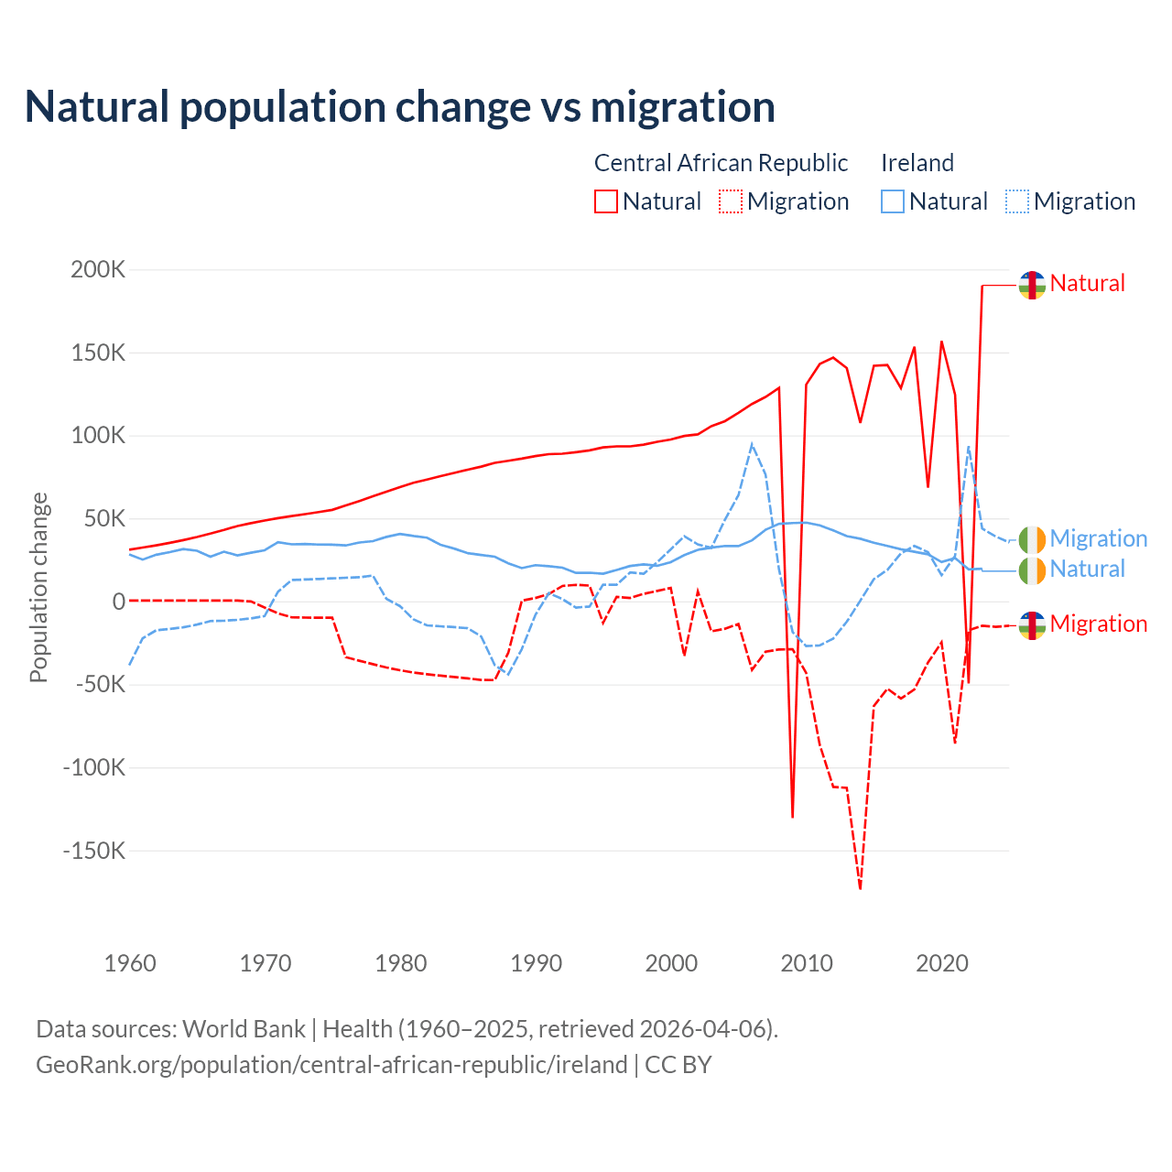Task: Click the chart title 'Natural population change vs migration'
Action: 400,107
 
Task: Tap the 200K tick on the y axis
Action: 98,270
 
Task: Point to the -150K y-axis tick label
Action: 93,851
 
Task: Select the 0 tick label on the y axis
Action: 118,602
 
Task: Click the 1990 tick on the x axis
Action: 537,963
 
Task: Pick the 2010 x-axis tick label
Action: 807,963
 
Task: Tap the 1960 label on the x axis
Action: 131,963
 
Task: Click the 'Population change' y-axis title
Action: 38,587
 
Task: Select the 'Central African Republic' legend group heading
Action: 721,163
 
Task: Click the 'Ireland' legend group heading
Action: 917,163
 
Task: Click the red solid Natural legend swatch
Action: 606,201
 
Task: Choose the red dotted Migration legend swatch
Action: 731,201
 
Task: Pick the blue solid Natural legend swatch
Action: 893,201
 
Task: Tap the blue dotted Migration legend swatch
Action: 1017,201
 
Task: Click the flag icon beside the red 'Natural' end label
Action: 1032,285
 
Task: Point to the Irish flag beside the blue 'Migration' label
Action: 1032,539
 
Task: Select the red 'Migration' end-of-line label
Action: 1098,624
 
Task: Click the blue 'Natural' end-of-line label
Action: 1087,570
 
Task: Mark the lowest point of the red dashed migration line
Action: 861,888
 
